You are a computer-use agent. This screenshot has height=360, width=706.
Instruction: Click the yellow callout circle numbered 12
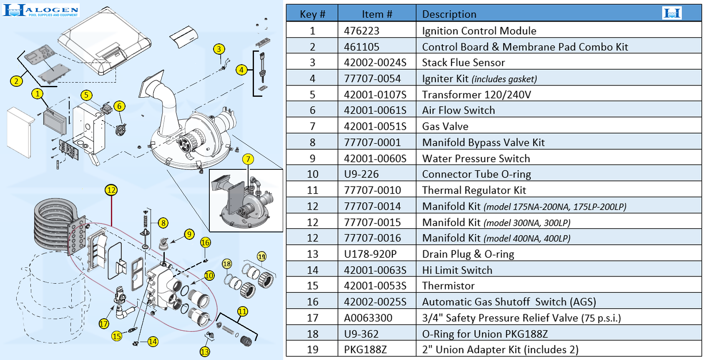pyautogui.click(x=111, y=190)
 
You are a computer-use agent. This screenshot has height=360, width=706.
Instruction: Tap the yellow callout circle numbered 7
pyautogui.click(x=248, y=159)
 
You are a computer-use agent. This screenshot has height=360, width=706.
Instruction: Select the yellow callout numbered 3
pyautogui.click(x=219, y=49)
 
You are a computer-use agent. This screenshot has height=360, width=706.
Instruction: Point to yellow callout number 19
pyautogui.click(x=261, y=257)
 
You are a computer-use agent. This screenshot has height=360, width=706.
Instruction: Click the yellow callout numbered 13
pyautogui.click(x=204, y=352)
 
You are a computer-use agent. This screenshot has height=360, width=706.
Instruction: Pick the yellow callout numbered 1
pyautogui.click(x=38, y=93)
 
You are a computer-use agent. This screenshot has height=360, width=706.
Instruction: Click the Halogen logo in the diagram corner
pyautogui.click(x=40, y=10)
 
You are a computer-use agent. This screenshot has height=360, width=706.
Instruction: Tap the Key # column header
pyautogui.click(x=312, y=14)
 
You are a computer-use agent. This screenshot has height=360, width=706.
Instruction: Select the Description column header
pyautogui.click(x=449, y=14)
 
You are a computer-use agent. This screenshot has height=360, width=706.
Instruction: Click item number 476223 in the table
pyautogui.click(x=362, y=31)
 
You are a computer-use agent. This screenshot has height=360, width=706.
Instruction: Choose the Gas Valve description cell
pyautogui.click(x=445, y=126)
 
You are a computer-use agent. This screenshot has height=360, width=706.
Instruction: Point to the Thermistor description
pyautogui.click(x=448, y=286)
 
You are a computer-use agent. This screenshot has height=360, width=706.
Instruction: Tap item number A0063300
pyautogui.click(x=368, y=318)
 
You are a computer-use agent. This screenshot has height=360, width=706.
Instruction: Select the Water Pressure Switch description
pyautogui.click(x=476, y=159)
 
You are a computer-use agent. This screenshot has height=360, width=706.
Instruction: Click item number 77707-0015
pyautogui.click(x=372, y=222)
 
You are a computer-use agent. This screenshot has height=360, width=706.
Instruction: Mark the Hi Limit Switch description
pyautogui.click(x=457, y=270)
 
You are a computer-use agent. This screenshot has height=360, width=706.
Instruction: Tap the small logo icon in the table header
pyautogui.click(x=672, y=13)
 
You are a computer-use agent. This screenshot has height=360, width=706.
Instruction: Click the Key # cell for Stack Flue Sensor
pyautogui.click(x=312, y=63)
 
